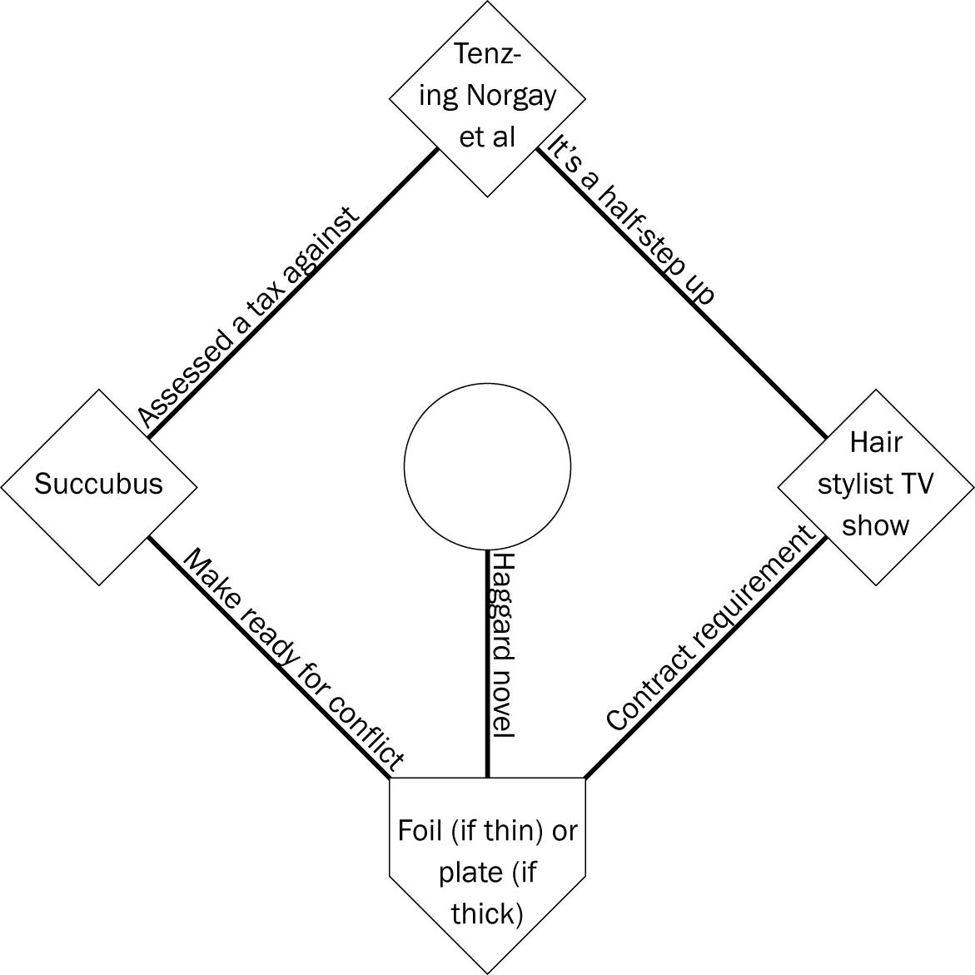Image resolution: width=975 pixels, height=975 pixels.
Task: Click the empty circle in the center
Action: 487,466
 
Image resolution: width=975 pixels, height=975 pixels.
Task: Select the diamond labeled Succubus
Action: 98,485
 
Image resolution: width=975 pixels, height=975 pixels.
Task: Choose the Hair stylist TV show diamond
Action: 875,485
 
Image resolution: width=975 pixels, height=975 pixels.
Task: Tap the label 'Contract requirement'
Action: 709,629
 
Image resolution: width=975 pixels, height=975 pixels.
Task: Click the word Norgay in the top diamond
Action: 510,96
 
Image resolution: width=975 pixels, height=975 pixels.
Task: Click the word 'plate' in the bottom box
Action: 470,872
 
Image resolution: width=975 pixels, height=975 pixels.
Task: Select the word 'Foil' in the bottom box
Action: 420,830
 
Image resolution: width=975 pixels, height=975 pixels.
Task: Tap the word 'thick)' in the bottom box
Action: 487,913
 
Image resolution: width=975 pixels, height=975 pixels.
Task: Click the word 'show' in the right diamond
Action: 875,526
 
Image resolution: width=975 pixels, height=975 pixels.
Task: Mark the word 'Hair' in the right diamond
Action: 875,442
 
